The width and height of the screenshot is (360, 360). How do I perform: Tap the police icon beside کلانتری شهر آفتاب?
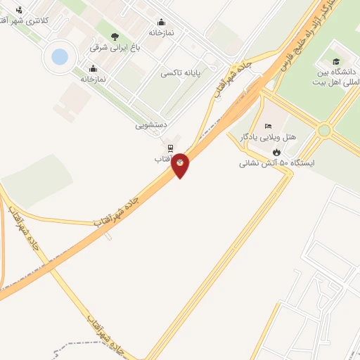[19, 9]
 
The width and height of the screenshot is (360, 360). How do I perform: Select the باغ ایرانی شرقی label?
[115, 48]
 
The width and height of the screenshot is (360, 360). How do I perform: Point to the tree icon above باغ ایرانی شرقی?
[115, 37]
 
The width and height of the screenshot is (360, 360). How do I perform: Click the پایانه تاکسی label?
[181, 73]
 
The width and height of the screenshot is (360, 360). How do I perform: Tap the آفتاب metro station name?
[163, 160]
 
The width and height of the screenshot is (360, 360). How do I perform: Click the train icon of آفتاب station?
[169, 148]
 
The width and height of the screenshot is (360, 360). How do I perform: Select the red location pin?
[181, 165]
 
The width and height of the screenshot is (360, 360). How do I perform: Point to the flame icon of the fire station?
[276, 151]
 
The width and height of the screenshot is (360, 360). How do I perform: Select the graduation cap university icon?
[336, 61]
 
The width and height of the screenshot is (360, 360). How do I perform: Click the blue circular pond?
[60, 56]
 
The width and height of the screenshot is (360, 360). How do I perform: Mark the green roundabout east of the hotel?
[323, 130]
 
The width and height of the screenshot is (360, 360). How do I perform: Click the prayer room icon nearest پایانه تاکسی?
[162, 22]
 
